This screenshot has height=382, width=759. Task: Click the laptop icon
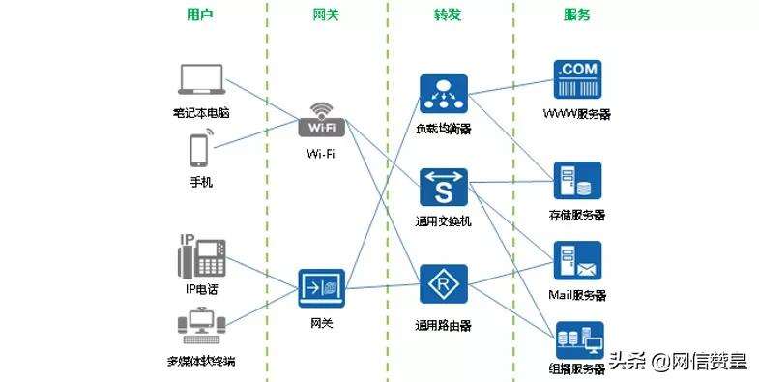(x=202, y=82)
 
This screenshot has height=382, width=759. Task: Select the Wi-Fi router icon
(x=321, y=120)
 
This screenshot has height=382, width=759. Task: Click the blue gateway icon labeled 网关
(x=321, y=288)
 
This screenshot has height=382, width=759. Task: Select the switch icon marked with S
(x=444, y=188)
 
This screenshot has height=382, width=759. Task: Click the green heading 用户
(x=200, y=15)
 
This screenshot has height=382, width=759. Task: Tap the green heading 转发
(x=448, y=15)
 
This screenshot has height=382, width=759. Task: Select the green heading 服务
(x=577, y=15)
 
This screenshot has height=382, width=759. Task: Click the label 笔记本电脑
(x=201, y=113)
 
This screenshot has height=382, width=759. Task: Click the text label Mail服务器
(x=577, y=294)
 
